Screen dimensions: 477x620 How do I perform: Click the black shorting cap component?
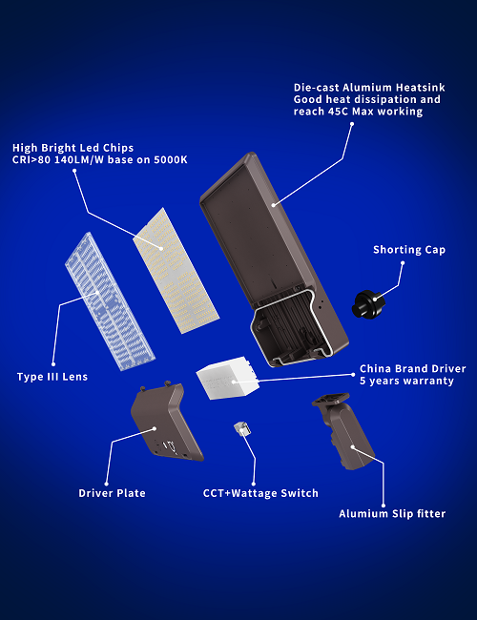(x=368, y=304)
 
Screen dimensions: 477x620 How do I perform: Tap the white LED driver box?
(x=227, y=378)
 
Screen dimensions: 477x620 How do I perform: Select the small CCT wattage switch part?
(x=241, y=428)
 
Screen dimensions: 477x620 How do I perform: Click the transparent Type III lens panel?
(x=110, y=301)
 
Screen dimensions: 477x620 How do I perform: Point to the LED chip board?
(x=176, y=271)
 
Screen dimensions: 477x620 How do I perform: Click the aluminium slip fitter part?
(x=343, y=431)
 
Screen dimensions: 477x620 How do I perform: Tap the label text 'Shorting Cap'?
(x=409, y=250)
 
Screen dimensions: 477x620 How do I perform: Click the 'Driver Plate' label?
(x=112, y=493)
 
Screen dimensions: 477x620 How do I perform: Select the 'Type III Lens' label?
(x=52, y=377)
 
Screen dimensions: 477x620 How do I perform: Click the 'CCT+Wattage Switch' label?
(x=260, y=493)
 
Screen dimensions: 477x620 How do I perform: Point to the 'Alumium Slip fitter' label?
(x=392, y=513)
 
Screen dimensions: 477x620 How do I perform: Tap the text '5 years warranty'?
(x=406, y=381)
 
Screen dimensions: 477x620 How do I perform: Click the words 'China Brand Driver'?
(x=412, y=369)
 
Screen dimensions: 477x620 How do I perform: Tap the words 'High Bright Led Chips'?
(x=73, y=148)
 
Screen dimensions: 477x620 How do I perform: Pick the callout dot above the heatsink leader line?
(x=352, y=124)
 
